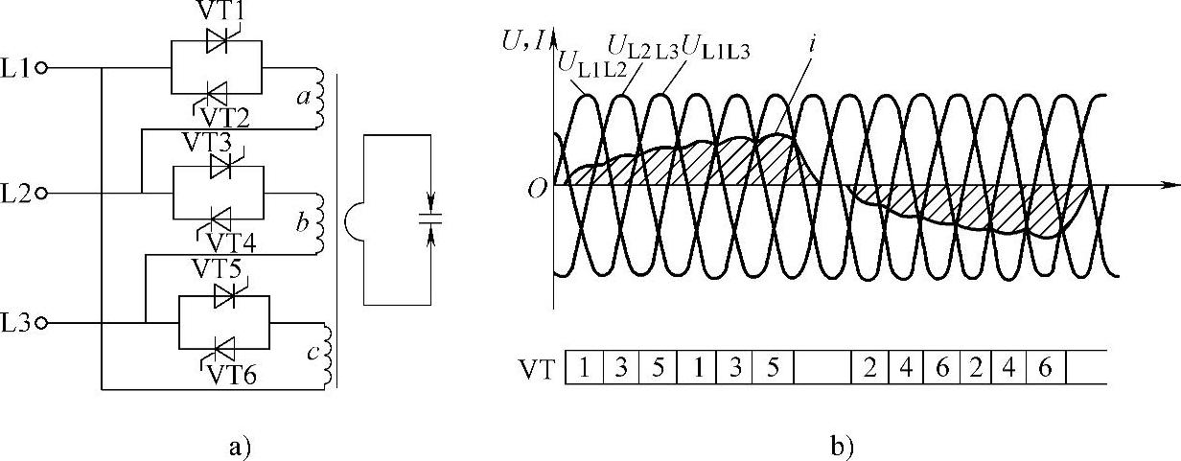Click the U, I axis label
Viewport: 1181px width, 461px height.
[x=525, y=41]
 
